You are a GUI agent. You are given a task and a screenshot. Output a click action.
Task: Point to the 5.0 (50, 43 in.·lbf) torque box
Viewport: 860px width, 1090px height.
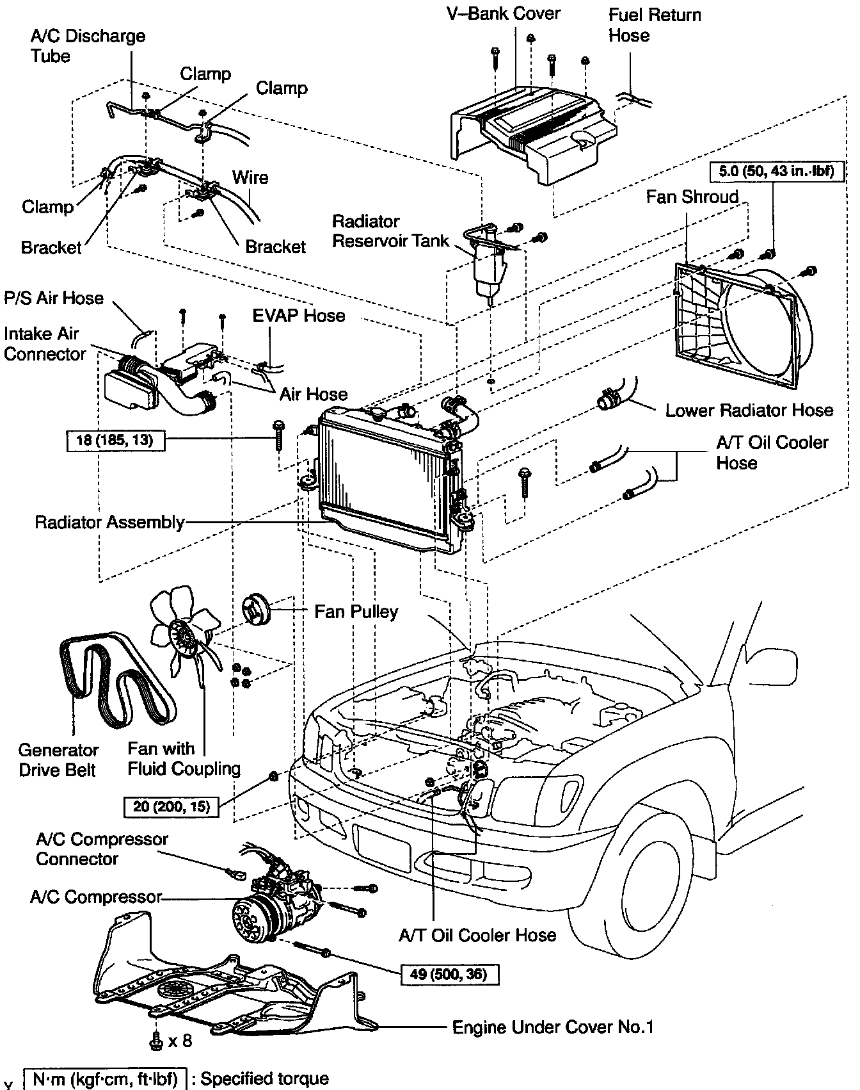[772, 172]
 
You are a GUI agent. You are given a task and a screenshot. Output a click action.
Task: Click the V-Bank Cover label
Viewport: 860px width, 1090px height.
[503, 13]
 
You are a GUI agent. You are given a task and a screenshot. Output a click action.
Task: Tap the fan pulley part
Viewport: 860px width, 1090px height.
[257, 608]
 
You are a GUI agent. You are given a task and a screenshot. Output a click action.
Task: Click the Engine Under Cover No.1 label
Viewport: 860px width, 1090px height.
[552, 1027]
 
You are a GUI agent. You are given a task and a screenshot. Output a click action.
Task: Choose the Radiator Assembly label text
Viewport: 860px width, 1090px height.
[109, 522]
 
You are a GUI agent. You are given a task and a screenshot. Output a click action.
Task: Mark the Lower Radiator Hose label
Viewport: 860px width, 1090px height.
[749, 410]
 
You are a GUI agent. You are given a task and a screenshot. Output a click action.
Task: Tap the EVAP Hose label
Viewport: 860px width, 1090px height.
[298, 316]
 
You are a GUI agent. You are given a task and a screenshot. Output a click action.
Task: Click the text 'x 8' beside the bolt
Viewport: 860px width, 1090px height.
[180, 1041]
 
